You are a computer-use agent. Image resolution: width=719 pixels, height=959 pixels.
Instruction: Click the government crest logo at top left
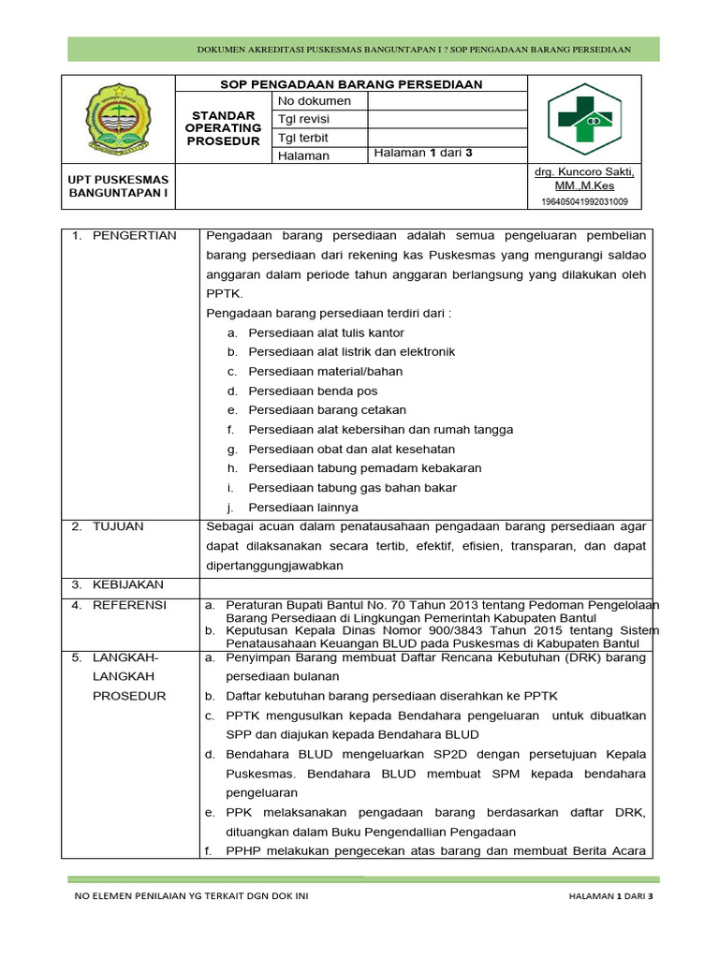pyautogui.click(x=119, y=120)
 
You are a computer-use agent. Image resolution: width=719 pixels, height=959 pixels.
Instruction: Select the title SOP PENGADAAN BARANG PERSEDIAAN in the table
pyautogui.click(x=351, y=84)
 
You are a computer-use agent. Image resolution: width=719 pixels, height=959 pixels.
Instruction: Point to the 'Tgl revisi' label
pyautogui.click(x=304, y=120)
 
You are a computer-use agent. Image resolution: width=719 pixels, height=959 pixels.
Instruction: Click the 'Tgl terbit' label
pyautogui.click(x=304, y=138)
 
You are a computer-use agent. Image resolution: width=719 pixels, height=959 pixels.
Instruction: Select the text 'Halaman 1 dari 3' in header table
pyautogui.click(x=423, y=155)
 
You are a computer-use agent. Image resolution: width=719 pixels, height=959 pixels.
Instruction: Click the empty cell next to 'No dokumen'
pyautogui.click(x=448, y=101)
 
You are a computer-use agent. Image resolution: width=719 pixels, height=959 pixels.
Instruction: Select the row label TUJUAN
pyautogui.click(x=118, y=527)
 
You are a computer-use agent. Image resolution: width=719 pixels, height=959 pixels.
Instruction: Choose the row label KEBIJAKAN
pyautogui.click(x=127, y=585)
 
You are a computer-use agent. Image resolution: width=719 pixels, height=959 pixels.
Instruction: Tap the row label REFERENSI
pyautogui.click(x=129, y=606)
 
